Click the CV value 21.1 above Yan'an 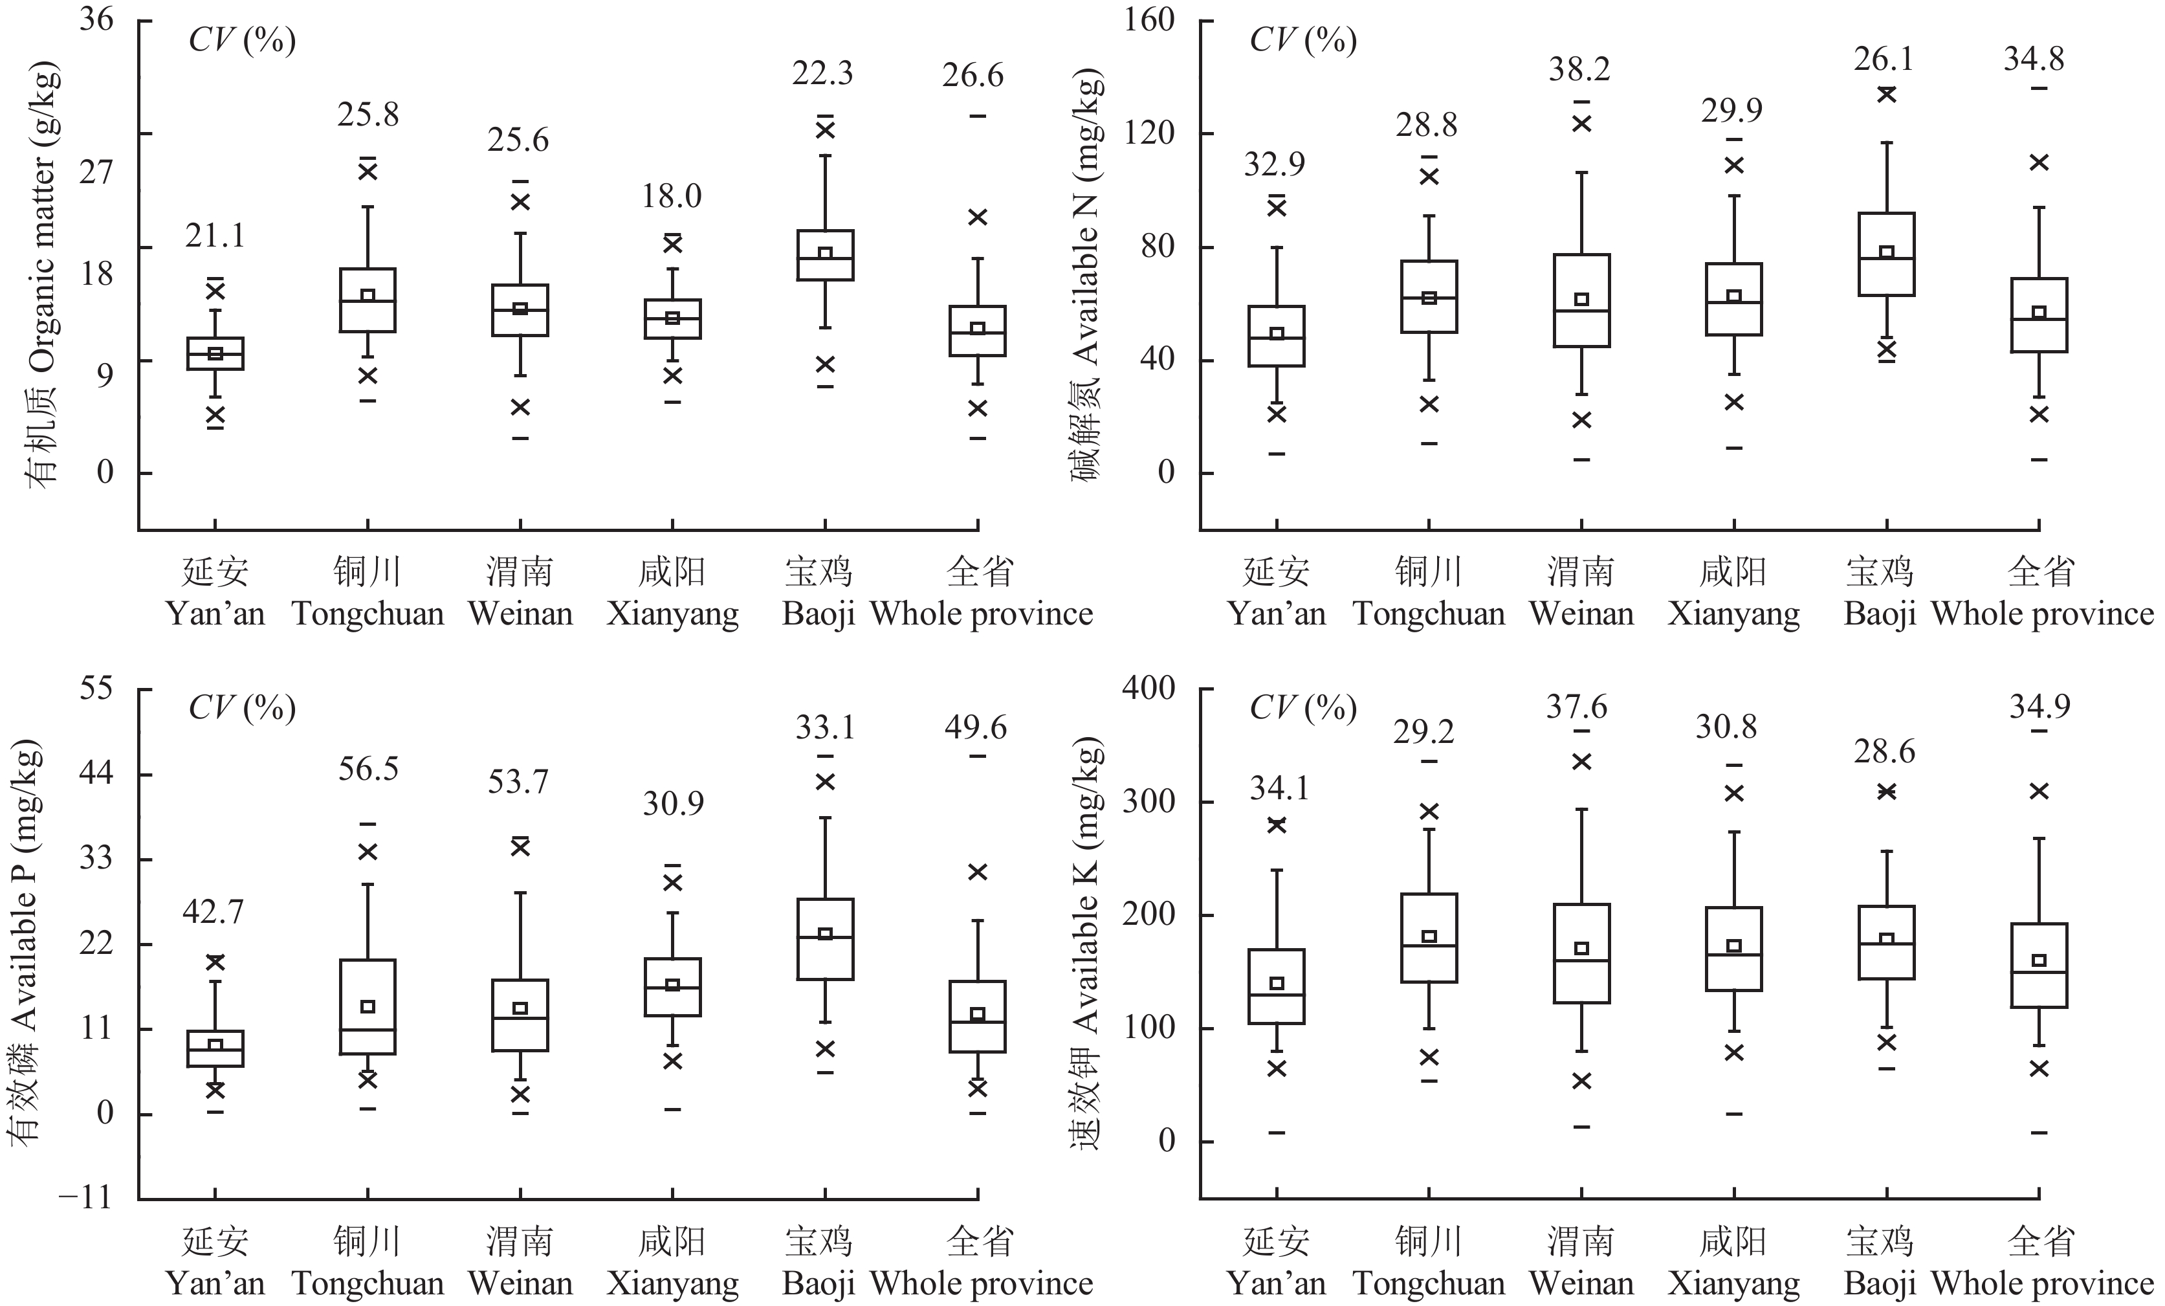click(214, 236)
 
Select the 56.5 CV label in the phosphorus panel click(368, 769)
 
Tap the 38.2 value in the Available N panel click(1579, 69)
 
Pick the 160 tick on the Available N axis click(1148, 19)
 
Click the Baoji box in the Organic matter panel click(825, 255)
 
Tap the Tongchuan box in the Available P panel click(368, 1006)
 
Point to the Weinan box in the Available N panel click(1581, 300)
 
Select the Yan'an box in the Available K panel click(1276, 986)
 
